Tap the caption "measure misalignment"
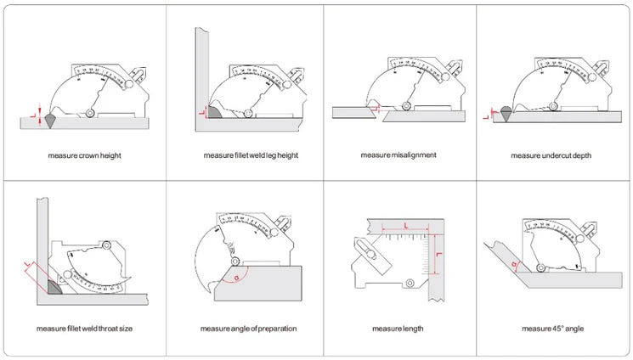point(398,155)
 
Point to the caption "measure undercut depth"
point(551,155)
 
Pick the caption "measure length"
point(398,329)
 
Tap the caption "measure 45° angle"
point(551,329)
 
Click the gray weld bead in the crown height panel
point(51,120)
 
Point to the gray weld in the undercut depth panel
point(506,112)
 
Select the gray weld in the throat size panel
point(55,286)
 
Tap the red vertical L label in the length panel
point(438,254)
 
